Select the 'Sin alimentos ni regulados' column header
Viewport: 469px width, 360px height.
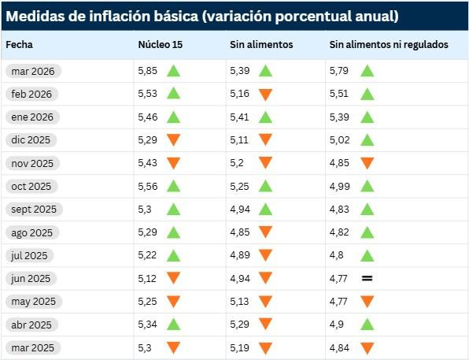tap(389, 45)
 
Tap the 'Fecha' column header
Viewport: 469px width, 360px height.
tap(20, 45)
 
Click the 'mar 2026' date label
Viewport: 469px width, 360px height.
tap(32, 71)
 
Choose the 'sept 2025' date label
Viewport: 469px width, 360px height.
tap(34, 210)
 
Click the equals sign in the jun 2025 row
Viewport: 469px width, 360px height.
tap(367, 279)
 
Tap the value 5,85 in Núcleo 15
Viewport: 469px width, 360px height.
tap(146, 71)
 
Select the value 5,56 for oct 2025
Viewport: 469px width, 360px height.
tap(146, 186)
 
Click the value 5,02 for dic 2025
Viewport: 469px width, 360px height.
tap(339, 140)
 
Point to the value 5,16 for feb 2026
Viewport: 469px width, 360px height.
tap(240, 94)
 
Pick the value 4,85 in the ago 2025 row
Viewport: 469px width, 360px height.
tap(240, 232)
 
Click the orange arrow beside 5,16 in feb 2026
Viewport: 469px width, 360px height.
tap(265, 95)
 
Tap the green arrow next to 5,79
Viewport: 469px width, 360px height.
tap(367, 71)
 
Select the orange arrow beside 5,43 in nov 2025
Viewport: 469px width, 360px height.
tap(173, 163)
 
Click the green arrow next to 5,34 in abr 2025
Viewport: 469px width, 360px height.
tap(173, 324)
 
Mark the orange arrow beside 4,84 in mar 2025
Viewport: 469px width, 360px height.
tap(367, 348)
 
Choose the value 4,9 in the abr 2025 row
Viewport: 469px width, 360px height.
tap(337, 325)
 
